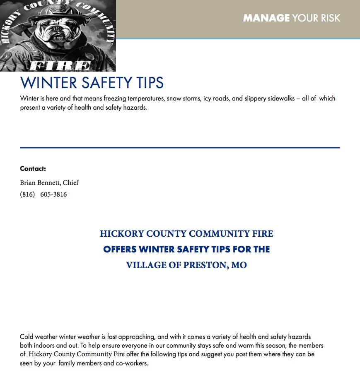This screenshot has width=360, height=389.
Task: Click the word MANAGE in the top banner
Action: click(266, 18)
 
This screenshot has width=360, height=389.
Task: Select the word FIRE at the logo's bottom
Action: click(60, 66)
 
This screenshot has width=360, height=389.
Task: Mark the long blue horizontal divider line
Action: click(180, 147)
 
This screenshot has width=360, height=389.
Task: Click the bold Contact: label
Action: click(33, 168)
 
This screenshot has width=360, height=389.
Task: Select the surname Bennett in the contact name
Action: click(49, 182)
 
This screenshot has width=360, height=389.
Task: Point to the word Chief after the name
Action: click(71, 182)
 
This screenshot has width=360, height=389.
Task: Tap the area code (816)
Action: click(27, 194)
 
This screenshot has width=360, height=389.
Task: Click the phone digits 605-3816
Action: click(53, 194)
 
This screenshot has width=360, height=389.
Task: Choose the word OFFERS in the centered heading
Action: click(120, 249)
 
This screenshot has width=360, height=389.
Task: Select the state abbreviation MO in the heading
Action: click(239, 265)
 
